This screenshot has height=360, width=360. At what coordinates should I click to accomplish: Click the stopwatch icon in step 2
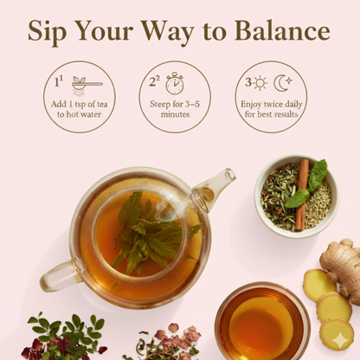(175, 83)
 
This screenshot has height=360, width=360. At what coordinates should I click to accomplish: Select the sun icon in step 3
(260, 83)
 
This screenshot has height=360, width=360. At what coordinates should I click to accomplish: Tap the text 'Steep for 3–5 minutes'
(175, 109)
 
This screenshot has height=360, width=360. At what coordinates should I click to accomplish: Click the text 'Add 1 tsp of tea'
(80, 104)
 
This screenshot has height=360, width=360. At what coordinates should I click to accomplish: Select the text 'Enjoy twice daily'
(272, 104)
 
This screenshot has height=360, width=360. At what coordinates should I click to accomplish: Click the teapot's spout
(215, 188)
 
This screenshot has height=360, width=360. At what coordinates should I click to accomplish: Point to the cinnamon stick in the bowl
(302, 195)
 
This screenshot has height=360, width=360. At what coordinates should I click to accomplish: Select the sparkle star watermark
(340, 340)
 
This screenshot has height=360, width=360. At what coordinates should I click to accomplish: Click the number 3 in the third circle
(248, 82)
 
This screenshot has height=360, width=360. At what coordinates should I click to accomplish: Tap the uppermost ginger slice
(319, 285)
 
